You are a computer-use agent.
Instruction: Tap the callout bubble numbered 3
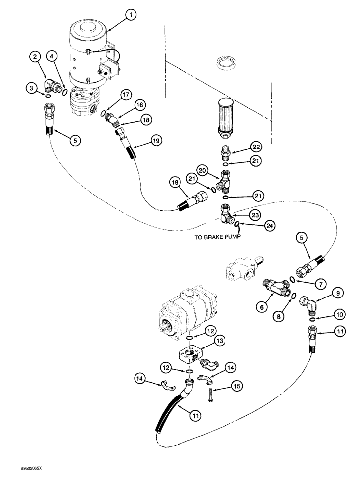[32, 89]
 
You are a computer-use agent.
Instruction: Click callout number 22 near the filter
[256, 147]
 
